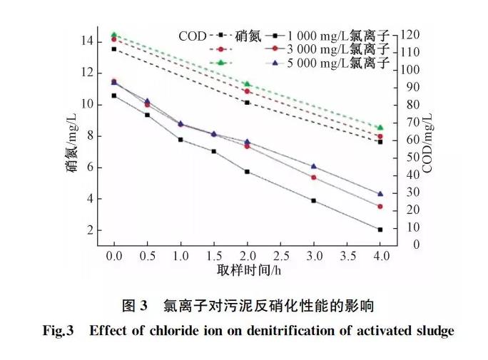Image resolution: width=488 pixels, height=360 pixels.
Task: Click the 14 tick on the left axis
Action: (86, 41)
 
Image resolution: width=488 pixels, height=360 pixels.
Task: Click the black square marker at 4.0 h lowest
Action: (380, 230)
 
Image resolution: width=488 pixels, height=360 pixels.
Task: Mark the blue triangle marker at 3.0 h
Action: (314, 166)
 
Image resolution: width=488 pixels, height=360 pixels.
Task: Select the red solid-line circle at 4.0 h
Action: (380, 207)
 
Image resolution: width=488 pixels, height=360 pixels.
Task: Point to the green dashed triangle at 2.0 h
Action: (248, 84)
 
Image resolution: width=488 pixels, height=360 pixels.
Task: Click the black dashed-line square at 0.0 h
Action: (114, 48)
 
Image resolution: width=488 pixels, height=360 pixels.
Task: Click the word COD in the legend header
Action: (192, 35)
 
